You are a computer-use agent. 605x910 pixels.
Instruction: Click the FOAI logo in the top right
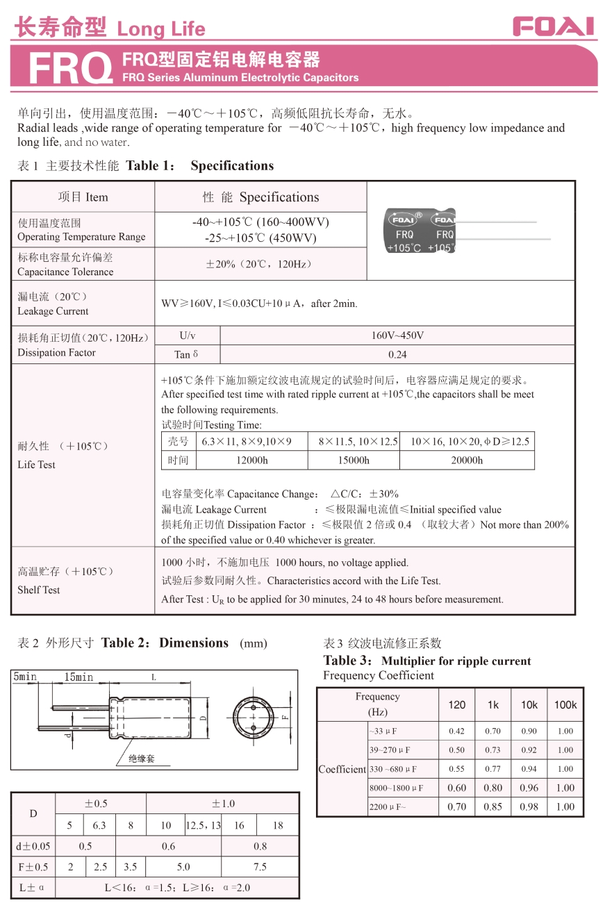pos(554,26)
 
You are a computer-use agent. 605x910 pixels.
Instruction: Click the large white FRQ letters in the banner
pos(71,69)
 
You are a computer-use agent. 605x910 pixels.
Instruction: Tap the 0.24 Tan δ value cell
pos(397,354)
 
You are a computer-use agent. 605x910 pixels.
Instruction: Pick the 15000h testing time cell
pos(354,460)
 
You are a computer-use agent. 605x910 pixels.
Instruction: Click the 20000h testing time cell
pos(467,460)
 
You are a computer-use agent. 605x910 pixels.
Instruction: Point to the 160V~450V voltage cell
pos(397,336)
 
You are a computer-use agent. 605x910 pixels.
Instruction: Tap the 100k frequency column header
pos(565,704)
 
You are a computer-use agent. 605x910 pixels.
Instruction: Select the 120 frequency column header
pos(457,704)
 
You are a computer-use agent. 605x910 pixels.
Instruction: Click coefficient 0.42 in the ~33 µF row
pos(456,731)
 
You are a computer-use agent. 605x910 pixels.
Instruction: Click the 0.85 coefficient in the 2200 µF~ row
pos(493,806)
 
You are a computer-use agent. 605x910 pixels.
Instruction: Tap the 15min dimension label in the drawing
pos(78,677)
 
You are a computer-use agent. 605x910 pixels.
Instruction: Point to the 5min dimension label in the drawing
pos(25,677)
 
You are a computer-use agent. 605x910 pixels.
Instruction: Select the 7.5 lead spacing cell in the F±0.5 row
pos(260,867)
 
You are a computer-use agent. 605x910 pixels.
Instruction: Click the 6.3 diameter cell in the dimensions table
pos(99,825)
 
